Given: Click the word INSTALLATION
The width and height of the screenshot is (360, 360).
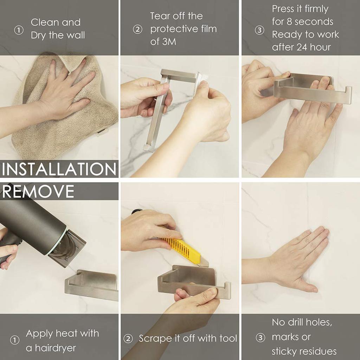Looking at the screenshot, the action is [59, 169].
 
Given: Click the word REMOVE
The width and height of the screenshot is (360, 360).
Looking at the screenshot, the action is [38, 192].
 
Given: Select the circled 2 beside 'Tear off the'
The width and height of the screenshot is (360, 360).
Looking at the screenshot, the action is [137, 30].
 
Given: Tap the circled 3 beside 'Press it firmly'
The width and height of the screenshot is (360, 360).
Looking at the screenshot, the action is [259, 30].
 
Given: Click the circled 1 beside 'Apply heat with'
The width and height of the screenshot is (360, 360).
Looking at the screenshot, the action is [15, 340].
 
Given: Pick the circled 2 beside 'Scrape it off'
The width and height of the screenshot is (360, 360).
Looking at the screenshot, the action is [128, 339].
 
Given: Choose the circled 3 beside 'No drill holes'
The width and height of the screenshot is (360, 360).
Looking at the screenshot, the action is [261, 337].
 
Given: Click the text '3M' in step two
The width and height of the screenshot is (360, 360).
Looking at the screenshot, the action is [169, 42].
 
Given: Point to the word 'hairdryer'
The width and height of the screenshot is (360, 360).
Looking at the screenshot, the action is [55, 348].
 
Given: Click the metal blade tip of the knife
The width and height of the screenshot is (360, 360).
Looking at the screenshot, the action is [204, 262].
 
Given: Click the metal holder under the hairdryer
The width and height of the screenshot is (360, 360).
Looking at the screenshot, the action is [92, 285].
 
